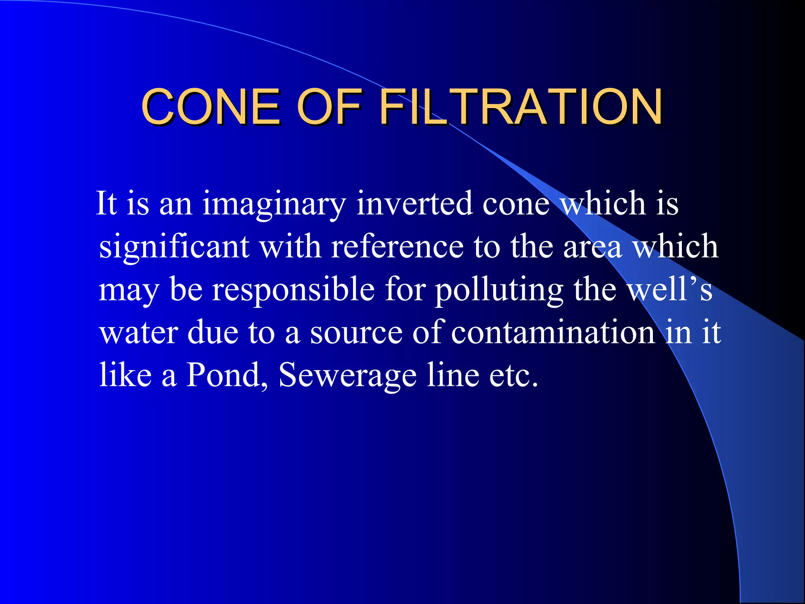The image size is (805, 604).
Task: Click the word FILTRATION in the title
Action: (521, 107)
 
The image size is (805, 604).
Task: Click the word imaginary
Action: (274, 204)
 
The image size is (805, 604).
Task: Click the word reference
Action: (397, 247)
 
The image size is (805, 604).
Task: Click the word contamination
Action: (553, 332)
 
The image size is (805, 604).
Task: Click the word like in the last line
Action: (125, 374)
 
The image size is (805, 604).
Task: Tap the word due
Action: (213, 332)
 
